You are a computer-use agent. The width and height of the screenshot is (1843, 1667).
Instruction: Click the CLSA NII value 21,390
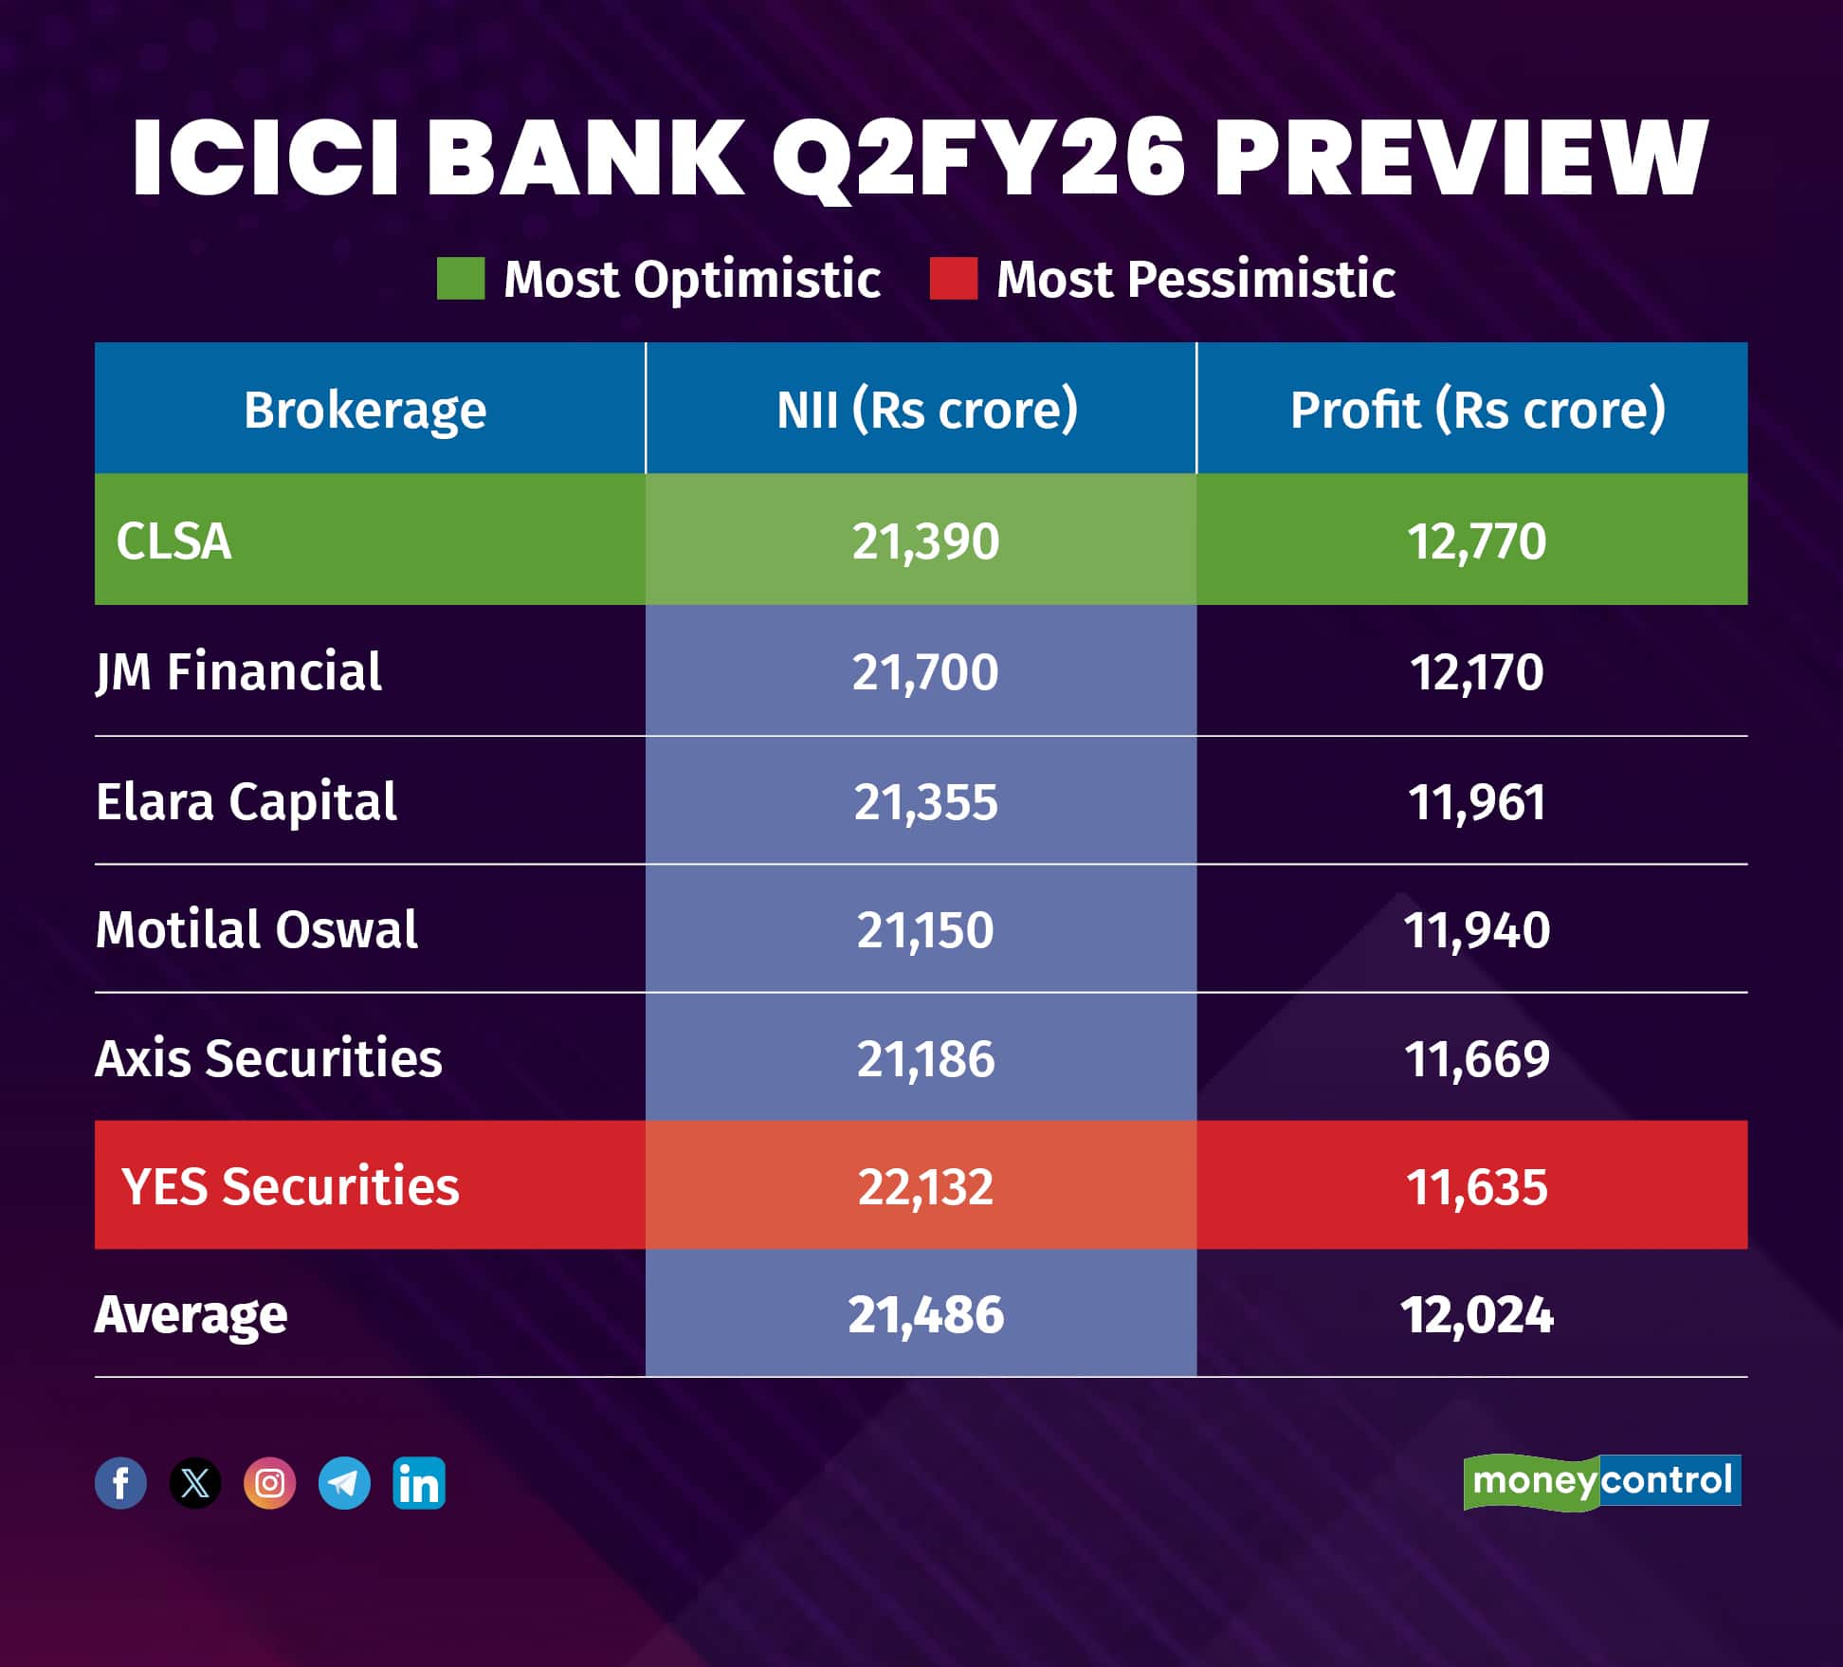(925, 541)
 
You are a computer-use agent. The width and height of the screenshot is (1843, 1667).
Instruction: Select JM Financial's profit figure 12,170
(1476, 672)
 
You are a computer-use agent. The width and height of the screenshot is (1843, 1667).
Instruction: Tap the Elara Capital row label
(246, 801)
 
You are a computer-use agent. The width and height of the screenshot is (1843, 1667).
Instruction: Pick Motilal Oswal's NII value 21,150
(925, 930)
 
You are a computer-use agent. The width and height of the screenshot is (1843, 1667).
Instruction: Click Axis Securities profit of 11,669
(1476, 1058)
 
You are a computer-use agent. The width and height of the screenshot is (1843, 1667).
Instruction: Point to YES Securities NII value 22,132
(925, 1186)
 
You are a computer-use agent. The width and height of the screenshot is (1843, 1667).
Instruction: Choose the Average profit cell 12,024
(1476, 1315)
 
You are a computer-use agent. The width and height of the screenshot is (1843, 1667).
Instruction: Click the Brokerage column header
(365, 410)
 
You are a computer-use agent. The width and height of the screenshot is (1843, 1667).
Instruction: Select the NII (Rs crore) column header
(926, 410)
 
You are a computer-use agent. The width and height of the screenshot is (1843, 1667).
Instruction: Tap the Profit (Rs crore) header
(1477, 410)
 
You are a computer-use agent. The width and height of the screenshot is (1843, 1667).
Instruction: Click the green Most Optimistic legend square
(461, 279)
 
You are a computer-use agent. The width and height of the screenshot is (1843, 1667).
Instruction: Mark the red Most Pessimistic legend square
(953, 279)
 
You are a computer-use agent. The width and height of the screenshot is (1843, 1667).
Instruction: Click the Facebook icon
(120, 1483)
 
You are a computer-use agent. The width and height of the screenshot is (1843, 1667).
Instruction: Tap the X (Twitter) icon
(195, 1483)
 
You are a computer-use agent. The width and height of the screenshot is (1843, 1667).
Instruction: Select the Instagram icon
(269, 1483)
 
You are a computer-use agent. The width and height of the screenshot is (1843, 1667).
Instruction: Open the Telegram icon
(344, 1483)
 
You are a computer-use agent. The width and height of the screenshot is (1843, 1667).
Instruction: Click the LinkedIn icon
(419, 1483)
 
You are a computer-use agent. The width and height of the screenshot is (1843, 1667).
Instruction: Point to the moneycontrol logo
(1602, 1481)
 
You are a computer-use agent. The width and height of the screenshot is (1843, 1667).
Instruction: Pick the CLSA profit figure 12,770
(1476, 541)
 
